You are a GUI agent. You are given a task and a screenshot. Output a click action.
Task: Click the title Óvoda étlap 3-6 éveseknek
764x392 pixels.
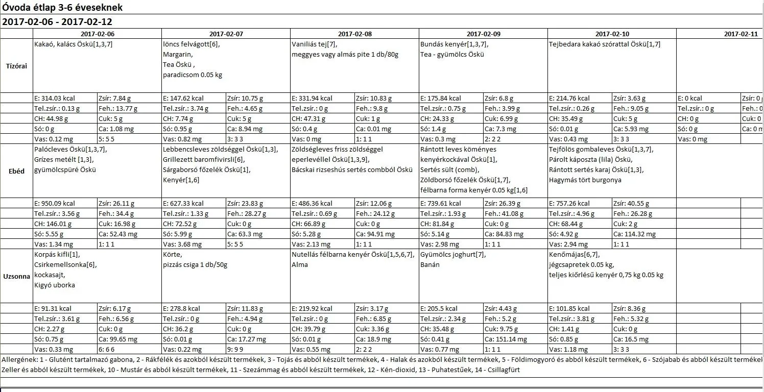(x=62, y=8)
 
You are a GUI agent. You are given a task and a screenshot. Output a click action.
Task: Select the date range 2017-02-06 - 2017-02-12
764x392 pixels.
(x=57, y=22)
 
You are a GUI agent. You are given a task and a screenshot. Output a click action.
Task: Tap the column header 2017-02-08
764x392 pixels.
(x=354, y=34)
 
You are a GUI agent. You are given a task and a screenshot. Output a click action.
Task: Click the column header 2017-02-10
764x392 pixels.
(x=612, y=34)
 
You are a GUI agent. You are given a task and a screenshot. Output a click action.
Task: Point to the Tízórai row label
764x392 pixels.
(x=16, y=66)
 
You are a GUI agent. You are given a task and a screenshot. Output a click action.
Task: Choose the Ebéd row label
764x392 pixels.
(x=16, y=171)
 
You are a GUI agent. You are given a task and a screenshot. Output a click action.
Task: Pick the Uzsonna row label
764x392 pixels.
(x=16, y=276)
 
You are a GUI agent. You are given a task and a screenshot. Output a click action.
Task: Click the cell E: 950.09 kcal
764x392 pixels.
(x=55, y=203)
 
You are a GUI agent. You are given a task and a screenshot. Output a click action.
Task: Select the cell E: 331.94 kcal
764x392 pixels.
(x=312, y=98)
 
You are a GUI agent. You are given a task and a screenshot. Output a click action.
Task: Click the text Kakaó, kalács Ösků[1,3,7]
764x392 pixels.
(x=74, y=44)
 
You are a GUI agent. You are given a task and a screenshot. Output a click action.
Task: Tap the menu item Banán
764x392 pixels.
(x=430, y=264)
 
